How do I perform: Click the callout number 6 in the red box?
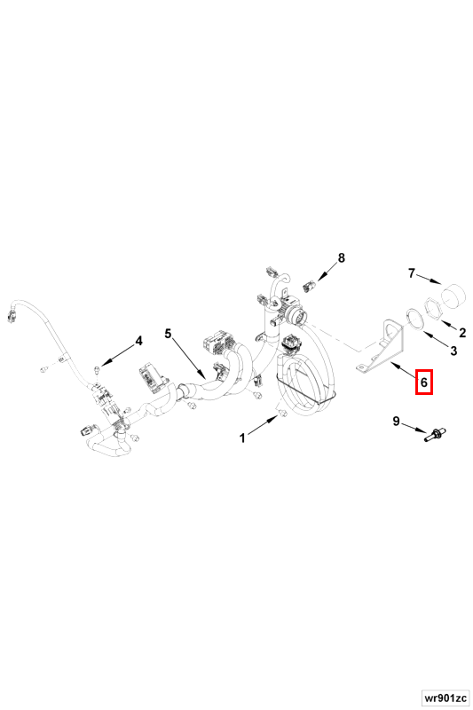[x=423, y=383]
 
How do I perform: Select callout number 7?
[x=411, y=273]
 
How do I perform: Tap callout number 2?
[x=461, y=333]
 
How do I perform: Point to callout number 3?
[x=453, y=350]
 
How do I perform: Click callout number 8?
[x=341, y=257]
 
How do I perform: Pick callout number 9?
[x=396, y=422]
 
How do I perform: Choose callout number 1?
[x=242, y=438]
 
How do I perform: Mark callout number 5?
[x=168, y=334]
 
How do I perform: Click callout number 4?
[x=139, y=341]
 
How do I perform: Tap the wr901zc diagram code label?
[x=445, y=698]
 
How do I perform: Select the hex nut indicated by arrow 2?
[x=436, y=308]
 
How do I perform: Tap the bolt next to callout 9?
[x=436, y=435]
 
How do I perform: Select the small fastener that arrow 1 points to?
[x=281, y=413]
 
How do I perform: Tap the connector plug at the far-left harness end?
[x=12, y=314]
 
